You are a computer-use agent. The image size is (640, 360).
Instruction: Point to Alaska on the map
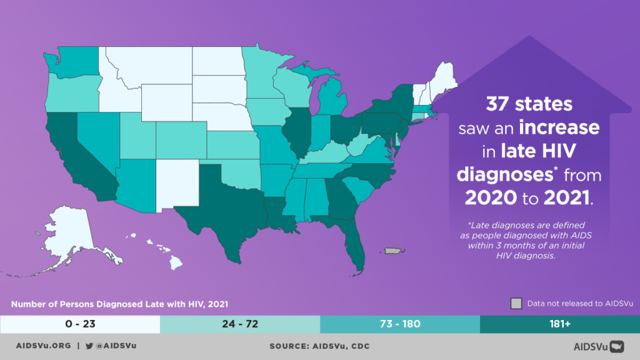tap(69, 231)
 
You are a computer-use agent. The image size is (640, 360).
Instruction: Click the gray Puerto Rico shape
tap(392, 251)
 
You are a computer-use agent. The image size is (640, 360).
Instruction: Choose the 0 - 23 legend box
tap(80, 324)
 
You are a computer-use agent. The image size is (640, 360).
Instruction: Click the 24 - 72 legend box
tap(240, 324)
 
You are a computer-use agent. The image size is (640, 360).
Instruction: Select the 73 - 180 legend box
tap(400, 324)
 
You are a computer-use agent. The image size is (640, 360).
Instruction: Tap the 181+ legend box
tap(560, 324)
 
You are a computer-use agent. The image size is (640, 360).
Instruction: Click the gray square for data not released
tap(516, 304)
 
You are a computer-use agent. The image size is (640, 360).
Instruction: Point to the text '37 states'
tap(531, 103)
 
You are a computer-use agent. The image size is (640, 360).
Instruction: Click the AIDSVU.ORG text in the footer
tap(41, 346)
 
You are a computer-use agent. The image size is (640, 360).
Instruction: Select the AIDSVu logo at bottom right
tap(599, 346)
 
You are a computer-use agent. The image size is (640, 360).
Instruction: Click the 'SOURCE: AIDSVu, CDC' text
tap(319, 346)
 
